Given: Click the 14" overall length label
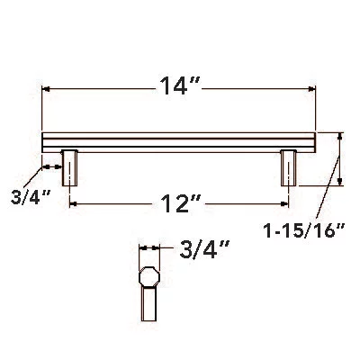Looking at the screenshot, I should click(179, 88).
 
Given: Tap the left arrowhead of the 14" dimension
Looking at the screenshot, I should click(48, 89).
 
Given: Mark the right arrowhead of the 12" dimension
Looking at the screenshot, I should click(286, 204).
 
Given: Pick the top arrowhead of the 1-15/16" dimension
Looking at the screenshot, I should click(340, 137).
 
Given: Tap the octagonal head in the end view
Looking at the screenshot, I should click(148, 275).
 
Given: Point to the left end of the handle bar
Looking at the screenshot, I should click(45, 142).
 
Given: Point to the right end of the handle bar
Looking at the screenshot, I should click(316, 142).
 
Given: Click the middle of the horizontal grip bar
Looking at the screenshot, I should click(180, 142).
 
